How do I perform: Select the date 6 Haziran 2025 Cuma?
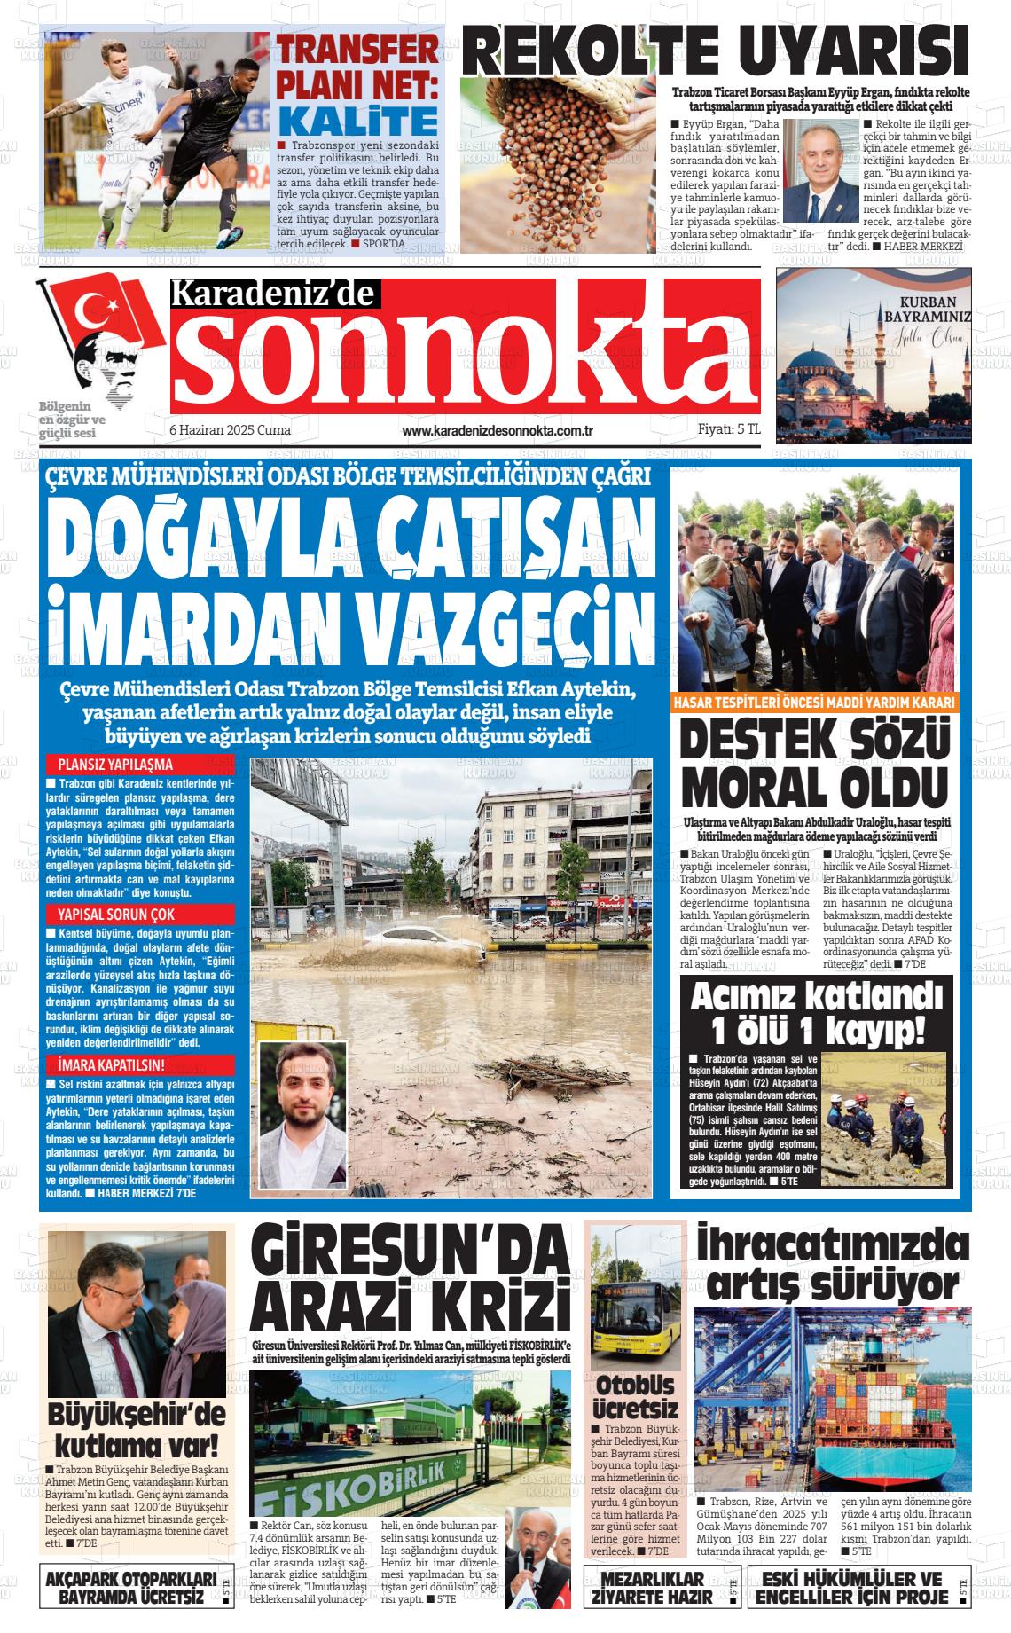(x=230, y=430)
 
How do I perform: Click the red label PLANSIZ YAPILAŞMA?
(x=115, y=764)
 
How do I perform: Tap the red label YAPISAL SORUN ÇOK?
(x=115, y=914)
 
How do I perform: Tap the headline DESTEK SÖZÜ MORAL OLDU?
(x=814, y=763)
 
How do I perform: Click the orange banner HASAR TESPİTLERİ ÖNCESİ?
(x=814, y=702)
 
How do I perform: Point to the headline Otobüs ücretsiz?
(x=636, y=1397)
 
